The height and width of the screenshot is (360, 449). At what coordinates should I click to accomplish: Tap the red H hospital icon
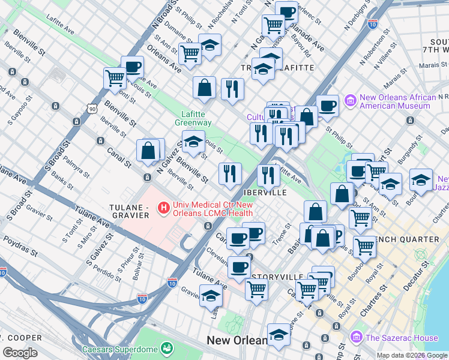tap(162, 208)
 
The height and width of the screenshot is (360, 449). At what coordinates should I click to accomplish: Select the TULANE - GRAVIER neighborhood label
tap(130, 208)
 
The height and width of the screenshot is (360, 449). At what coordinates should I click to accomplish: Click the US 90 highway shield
tap(91, 109)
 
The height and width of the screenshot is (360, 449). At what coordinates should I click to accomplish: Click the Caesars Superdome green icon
tap(166, 349)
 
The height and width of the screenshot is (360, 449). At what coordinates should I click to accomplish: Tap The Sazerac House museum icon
tap(357, 338)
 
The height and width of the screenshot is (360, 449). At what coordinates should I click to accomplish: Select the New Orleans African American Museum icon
tap(351, 101)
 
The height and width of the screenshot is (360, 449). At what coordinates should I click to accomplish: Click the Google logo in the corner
tap(20, 353)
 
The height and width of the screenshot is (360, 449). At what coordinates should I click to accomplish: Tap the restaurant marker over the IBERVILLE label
tap(268, 175)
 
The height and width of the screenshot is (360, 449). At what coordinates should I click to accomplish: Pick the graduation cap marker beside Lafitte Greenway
tap(193, 143)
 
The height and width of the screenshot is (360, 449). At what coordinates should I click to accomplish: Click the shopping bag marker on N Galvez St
tap(148, 151)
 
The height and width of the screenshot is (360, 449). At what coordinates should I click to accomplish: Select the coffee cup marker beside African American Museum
tap(327, 106)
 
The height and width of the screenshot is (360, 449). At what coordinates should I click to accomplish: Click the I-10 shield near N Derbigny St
tap(372, 25)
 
